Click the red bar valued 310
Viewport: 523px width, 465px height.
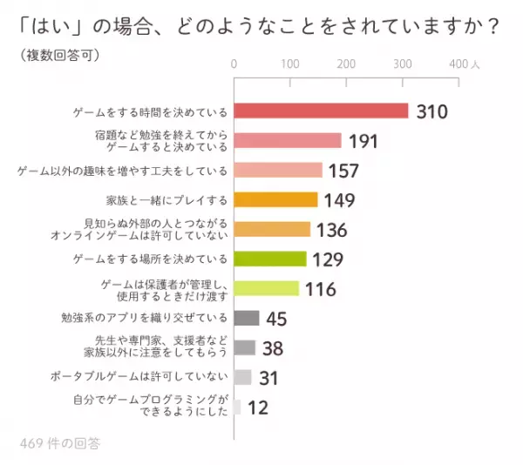[322, 111]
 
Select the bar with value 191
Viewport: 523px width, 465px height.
[288, 141]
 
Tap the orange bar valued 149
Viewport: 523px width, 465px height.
[276, 200]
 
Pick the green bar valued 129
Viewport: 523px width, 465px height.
[270, 259]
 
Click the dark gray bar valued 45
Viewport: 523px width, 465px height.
[247, 317]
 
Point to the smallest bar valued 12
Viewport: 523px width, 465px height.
[237, 407]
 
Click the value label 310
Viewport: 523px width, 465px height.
[431, 112]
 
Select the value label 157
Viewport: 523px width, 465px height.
[343, 171]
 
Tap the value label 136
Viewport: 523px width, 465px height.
[330, 230]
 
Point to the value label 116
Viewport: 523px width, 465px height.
[320, 289]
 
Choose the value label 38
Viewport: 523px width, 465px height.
[273, 348]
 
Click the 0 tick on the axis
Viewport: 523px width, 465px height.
[234, 64]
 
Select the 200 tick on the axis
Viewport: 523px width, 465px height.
[346, 64]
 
